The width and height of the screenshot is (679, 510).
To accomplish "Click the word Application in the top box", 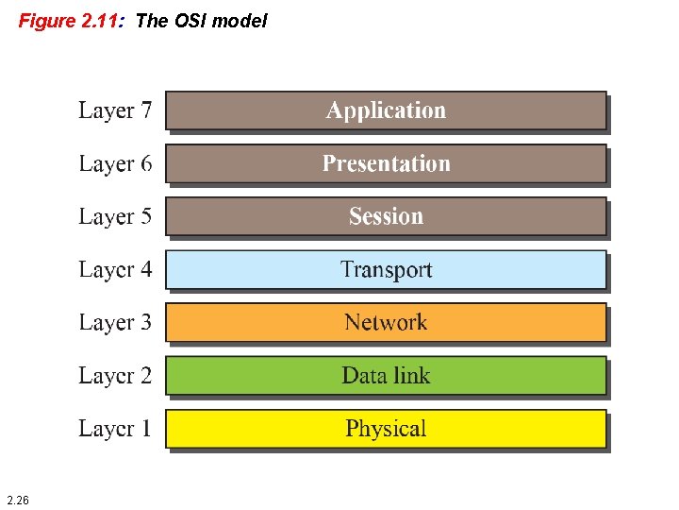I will [386, 110].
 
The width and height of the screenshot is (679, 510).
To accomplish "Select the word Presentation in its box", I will [386, 164].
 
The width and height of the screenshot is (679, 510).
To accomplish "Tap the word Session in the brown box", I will [386, 216].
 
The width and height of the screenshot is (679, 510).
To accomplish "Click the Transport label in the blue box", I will [386, 270].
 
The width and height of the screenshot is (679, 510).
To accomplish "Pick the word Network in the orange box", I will [386, 323].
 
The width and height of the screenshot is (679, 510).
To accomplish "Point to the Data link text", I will [386, 376].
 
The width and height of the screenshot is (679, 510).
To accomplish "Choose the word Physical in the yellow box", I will [386, 429].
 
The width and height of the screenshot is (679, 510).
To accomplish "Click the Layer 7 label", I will [114, 110].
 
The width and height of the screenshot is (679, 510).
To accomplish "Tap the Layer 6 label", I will [114, 163].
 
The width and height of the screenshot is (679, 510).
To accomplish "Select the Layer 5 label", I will [114, 216].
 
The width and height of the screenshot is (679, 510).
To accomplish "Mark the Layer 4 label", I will [114, 269].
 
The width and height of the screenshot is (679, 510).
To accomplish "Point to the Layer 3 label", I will [114, 322].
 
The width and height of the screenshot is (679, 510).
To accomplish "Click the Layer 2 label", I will [114, 375].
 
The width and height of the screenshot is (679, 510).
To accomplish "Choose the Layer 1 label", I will [114, 428].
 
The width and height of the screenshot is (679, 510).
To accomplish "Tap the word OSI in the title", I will [189, 21].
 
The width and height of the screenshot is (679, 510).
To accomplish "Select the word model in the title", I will [240, 21].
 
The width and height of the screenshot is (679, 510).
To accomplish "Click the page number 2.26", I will [17, 499].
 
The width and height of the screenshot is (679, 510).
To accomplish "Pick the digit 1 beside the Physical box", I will [145, 428].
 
